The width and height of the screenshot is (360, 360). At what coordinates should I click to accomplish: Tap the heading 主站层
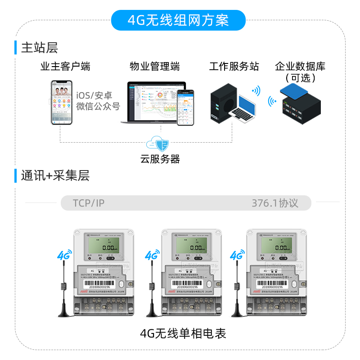click(x=40, y=47)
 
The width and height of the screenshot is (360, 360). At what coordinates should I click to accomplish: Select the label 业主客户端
click(x=65, y=67)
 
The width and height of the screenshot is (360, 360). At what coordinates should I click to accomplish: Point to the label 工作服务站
click(x=234, y=67)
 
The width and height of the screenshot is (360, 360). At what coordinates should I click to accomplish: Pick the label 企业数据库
click(x=300, y=67)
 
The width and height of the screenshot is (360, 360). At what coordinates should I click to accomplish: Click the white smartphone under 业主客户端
click(x=62, y=103)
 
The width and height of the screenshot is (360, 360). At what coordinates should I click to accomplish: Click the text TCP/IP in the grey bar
click(x=89, y=203)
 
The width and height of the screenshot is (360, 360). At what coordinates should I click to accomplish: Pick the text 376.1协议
click(x=275, y=203)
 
